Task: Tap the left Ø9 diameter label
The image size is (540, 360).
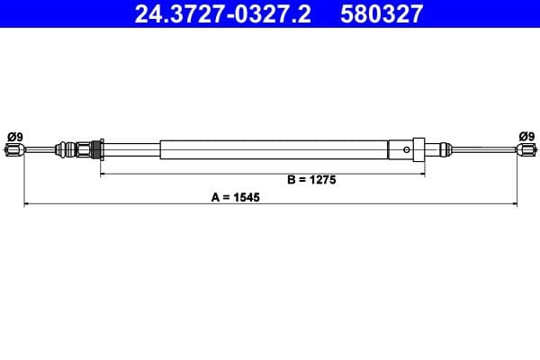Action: pos(15,136)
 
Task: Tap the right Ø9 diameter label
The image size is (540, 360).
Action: pos(526,136)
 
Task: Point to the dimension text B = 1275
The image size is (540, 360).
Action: pos(311,179)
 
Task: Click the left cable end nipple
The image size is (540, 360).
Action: pos(13,151)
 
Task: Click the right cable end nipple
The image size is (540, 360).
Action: pos(525,151)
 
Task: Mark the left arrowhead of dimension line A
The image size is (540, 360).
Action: pos(25,205)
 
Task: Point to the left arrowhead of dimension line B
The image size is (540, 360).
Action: pos(102,172)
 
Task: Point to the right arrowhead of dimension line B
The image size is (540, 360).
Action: pos(423,172)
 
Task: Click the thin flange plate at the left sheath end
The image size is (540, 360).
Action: pos(102,148)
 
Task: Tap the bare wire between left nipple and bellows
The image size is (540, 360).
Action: pos(38,150)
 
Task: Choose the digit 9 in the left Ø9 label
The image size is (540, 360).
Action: pos(20,136)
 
